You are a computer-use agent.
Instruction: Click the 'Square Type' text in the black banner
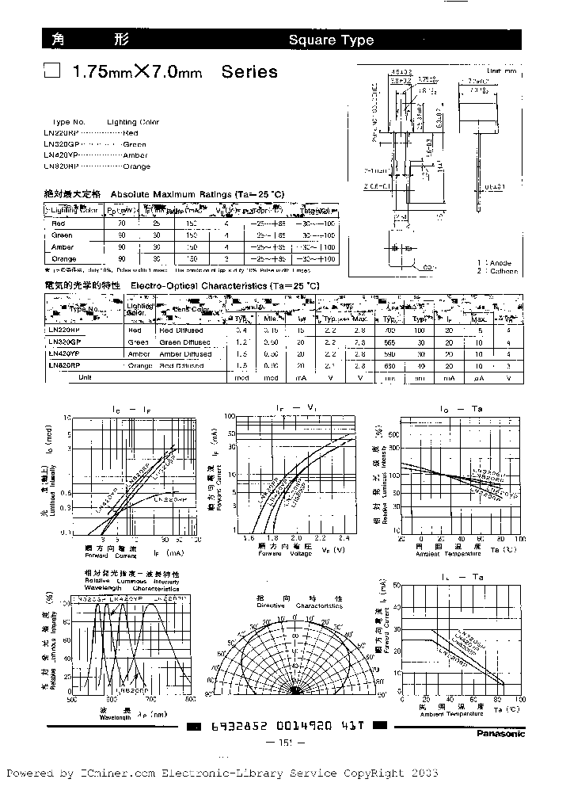[330, 40]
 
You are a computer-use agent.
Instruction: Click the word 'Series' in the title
[249, 72]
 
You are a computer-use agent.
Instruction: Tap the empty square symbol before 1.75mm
[52, 72]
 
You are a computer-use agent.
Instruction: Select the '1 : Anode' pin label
[495, 262]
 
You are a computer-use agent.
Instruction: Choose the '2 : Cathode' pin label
[497, 271]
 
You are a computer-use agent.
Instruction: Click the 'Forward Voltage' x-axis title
[291, 553]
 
